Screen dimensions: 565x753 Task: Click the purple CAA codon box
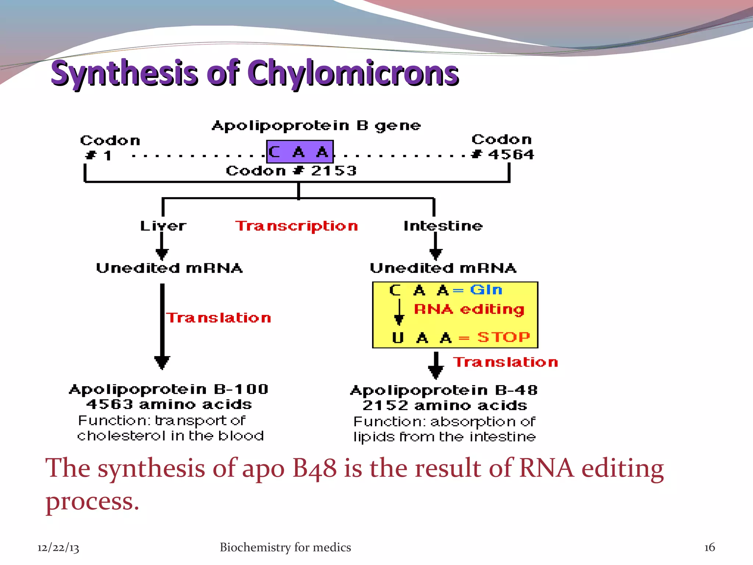tap(300, 152)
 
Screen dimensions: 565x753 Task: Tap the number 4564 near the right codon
tap(511, 154)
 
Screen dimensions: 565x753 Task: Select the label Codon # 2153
tap(291, 171)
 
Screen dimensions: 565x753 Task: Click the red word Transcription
tap(296, 226)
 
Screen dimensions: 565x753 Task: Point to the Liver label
tap(163, 226)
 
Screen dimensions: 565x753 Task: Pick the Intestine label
tap(443, 226)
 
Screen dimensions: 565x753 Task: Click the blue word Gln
tap(486, 290)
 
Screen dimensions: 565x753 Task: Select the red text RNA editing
tap(469, 309)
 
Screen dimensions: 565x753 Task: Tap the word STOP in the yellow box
tap(503, 337)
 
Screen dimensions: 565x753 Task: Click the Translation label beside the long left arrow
tap(219, 318)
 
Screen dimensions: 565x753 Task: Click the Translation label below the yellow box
tap(505, 362)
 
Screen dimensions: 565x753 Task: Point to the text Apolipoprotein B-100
tap(169, 389)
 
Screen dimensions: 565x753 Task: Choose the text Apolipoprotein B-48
tap(444, 390)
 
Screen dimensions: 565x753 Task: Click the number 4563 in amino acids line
tap(110, 405)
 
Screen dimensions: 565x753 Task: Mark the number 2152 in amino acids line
tap(385, 406)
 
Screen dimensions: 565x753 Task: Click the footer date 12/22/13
tap(58, 548)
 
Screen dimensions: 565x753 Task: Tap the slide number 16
tap(709, 547)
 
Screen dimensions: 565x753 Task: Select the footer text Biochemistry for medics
tap(285, 547)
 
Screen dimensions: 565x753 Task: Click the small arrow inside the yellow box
tap(399, 313)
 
